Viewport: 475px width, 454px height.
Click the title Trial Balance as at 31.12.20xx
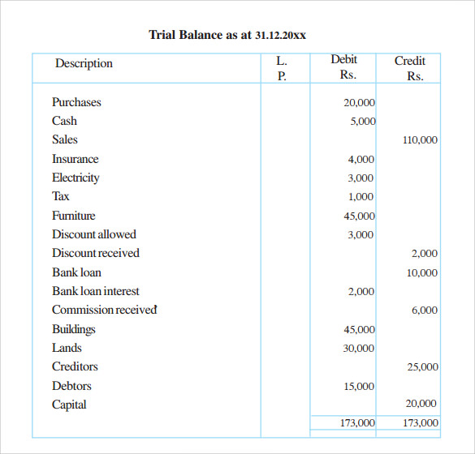click(x=228, y=35)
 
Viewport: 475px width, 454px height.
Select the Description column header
click(x=84, y=63)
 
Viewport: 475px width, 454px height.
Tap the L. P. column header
click(x=282, y=68)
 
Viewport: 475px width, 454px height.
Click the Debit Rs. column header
click(x=343, y=67)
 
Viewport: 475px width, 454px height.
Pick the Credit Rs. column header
click(x=410, y=68)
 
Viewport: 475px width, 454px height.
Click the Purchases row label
click(x=76, y=102)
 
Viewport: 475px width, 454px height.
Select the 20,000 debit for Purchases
click(x=360, y=103)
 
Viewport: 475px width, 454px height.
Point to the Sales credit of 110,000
click(x=420, y=140)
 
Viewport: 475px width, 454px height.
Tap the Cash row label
click(x=64, y=121)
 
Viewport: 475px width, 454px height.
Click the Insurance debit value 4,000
click(x=361, y=160)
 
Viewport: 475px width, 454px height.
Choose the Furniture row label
click(x=73, y=216)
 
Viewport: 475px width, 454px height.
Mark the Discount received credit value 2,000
click(x=425, y=254)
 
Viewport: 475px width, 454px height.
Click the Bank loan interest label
click(x=96, y=291)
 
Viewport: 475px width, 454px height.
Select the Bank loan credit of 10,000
click(x=422, y=273)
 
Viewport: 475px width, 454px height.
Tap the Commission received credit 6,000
click(x=425, y=311)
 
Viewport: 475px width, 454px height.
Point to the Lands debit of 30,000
click(x=360, y=349)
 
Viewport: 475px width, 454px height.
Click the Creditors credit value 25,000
click(x=422, y=367)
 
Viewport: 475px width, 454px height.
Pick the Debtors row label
click(x=71, y=386)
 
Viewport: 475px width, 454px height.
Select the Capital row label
click(x=69, y=405)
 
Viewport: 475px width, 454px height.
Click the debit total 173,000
click(x=357, y=423)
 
